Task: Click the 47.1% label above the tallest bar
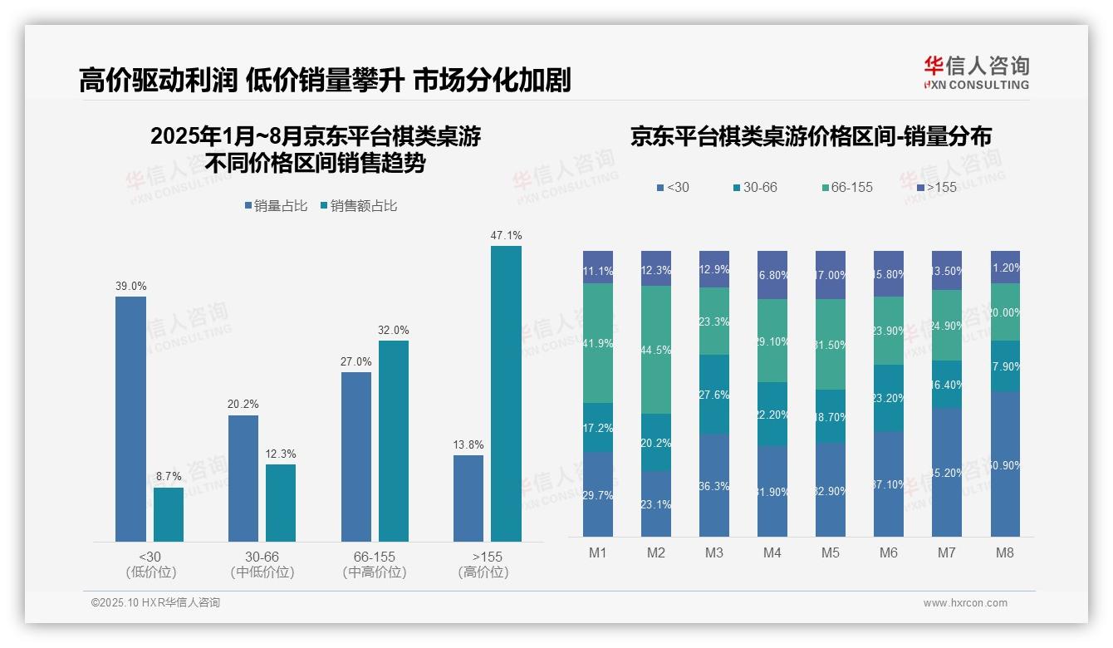pos(506,236)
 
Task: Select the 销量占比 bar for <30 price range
pos(130,420)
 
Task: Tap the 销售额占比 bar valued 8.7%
pos(169,514)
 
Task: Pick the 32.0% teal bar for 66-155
pos(394,441)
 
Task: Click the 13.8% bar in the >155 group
pos(468,498)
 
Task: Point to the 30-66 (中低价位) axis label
pos(262,564)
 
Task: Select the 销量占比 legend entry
pos(274,206)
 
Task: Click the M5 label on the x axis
pos(830,552)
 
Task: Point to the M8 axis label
pos(1004,552)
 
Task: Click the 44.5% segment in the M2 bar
pos(656,350)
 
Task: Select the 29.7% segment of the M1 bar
pos(598,494)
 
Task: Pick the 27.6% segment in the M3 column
pos(714,395)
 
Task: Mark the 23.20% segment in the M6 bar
pos(889,398)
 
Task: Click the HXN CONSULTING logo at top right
pos(976,73)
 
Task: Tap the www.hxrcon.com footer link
pos(965,603)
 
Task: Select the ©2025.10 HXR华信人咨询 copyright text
pos(155,603)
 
